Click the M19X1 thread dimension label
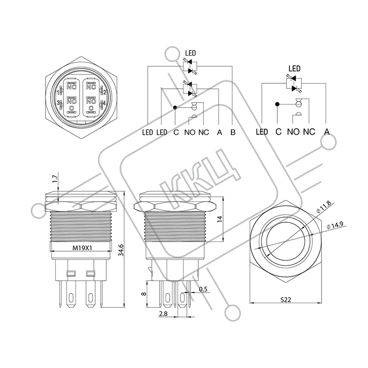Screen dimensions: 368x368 click(82, 247)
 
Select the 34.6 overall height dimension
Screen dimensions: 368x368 click(121, 249)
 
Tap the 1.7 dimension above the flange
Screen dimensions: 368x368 click(55, 179)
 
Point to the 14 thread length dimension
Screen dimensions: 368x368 click(219, 219)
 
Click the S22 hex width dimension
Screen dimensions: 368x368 click(286, 300)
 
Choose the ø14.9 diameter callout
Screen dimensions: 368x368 click(335, 225)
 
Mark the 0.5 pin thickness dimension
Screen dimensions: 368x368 click(203, 289)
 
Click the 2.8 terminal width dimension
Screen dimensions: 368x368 click(163, 314)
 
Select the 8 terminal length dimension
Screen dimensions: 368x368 click(144, 293)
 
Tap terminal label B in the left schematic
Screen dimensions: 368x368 click(233, 132)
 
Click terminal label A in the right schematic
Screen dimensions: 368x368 click(327, 132)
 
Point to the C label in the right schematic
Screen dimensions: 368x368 click(278, 132)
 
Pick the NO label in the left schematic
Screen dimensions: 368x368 click(190, 132)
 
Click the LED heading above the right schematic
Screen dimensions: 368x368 click(294, 69)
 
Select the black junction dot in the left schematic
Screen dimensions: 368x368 click(175, 108)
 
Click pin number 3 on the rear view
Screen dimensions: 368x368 click(58, 103)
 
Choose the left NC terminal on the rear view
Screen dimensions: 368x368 click(71, 87)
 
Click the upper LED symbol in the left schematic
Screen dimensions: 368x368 click(190, 66)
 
